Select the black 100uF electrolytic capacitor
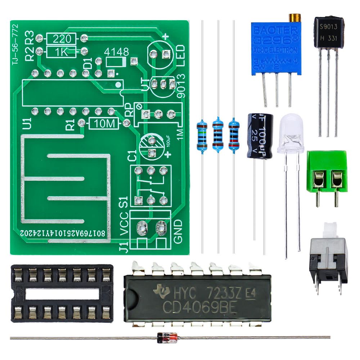pos(260,136)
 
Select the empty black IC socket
pos(62,293)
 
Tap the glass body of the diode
pos(167,337)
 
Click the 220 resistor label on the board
pos(60,38)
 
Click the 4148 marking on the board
pos(116,52)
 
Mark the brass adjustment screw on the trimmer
pos(295,18)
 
